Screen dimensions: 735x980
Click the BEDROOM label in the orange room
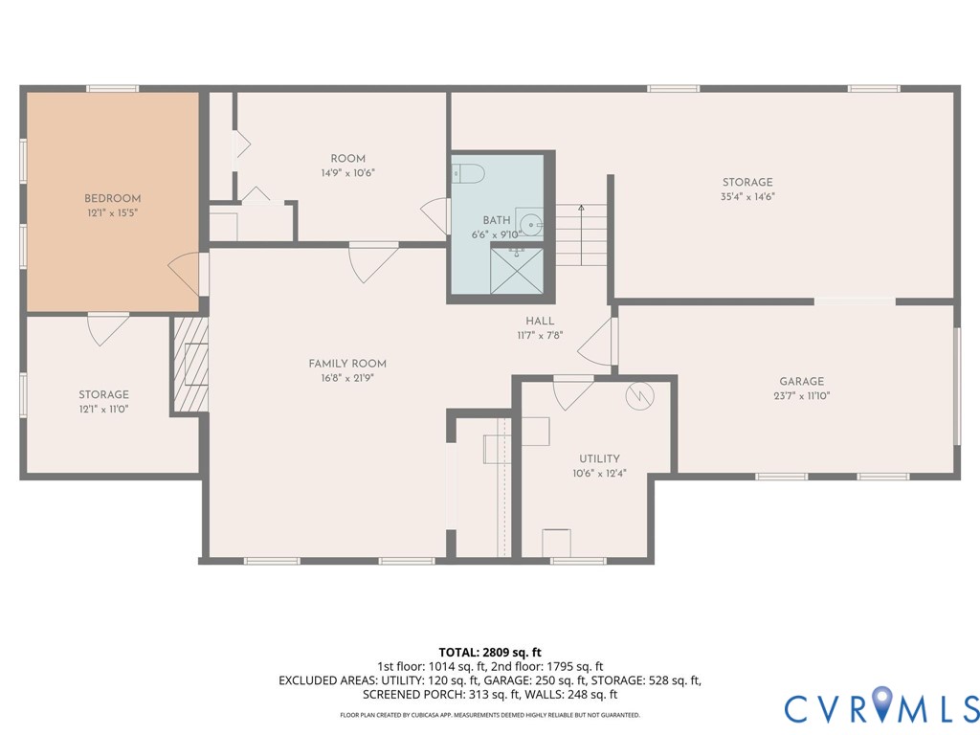point(112,198)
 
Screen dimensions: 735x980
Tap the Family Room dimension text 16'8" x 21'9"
point(347,378)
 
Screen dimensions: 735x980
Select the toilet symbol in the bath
point(469,173)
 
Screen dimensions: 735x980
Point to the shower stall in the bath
point(517,272)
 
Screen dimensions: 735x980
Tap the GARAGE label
point(801,381)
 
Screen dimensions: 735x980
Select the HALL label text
point(539,322)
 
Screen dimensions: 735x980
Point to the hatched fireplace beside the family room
point(189,365)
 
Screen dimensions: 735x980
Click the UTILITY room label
point(599,458)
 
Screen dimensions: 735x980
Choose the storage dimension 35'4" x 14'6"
point(747,196)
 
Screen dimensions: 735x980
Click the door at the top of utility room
point(573,390)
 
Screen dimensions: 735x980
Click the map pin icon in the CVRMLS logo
point(881,704)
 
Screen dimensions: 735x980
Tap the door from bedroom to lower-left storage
point(106,328)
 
